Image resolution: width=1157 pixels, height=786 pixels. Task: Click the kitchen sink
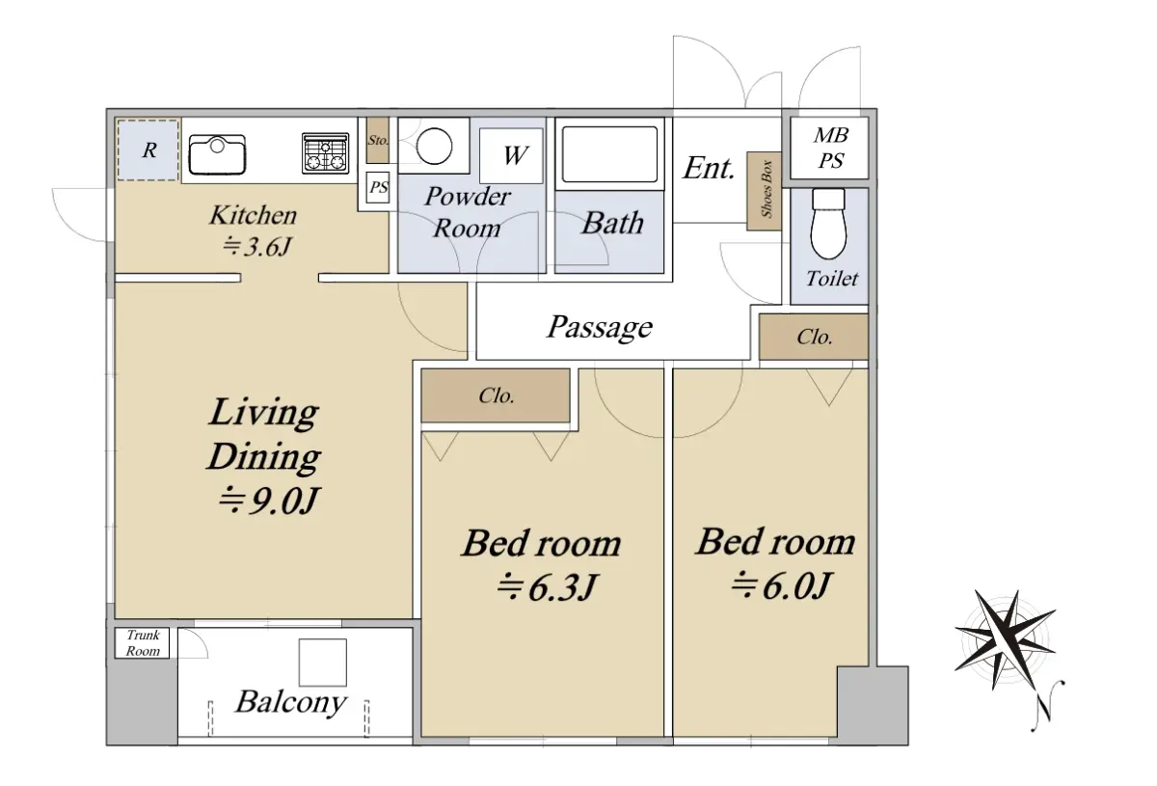(217, 154)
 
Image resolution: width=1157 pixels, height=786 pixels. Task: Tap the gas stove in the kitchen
(326, 152)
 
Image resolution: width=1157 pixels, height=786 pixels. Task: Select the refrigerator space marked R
(148, 149)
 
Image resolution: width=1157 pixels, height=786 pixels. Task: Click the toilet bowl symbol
(828, 223)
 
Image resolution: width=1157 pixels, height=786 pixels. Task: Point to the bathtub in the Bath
(609, 154)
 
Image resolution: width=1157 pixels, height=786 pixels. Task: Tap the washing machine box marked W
(511, 155)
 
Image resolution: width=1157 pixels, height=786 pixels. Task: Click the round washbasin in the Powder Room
(434, 147)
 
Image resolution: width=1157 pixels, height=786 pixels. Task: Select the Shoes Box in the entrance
(764, 191)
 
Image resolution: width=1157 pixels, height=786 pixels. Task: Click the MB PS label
(830, 148)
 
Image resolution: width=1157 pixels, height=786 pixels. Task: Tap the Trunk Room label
(143, 643)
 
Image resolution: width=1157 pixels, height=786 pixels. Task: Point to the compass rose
(1005, 639)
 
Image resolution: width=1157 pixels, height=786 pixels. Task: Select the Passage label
(600, 327)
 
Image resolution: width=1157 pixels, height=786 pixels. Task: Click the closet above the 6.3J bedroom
(496, 395)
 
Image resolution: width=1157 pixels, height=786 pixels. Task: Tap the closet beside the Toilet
(814, 337)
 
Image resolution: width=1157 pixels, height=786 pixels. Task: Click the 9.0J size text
(269, 501)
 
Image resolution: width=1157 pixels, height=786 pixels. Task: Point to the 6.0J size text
(781, 585)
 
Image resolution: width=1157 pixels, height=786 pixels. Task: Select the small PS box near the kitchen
(378, 186)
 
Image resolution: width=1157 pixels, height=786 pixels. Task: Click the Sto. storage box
(378, 140)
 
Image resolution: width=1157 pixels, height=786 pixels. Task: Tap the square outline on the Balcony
(322, 662)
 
